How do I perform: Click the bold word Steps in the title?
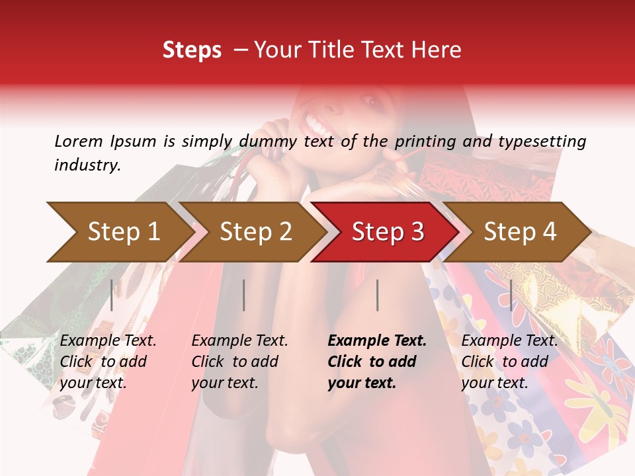[x=192, y=50]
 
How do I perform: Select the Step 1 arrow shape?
[x=119, y=232]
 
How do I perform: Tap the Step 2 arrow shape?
[x=255, y=232]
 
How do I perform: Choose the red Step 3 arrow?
[x=387, y=232]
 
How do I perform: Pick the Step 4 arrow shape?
[x=519, y=232]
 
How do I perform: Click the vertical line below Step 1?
[x=112, y=295]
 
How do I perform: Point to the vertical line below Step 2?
[x=244, y=295]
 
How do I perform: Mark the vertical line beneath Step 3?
[x=377, y=295]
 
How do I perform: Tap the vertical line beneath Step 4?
[x=511, y=295]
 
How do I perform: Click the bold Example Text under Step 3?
[x=377, y=341]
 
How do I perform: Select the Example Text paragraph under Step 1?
[x=108, y=362]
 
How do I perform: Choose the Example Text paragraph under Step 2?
[x=239, y=362]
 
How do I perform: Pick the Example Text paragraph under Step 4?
[x=509, y=362]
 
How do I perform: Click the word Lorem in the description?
[x=79, y=141]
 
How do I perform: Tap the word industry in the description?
[x=87, y=165]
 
